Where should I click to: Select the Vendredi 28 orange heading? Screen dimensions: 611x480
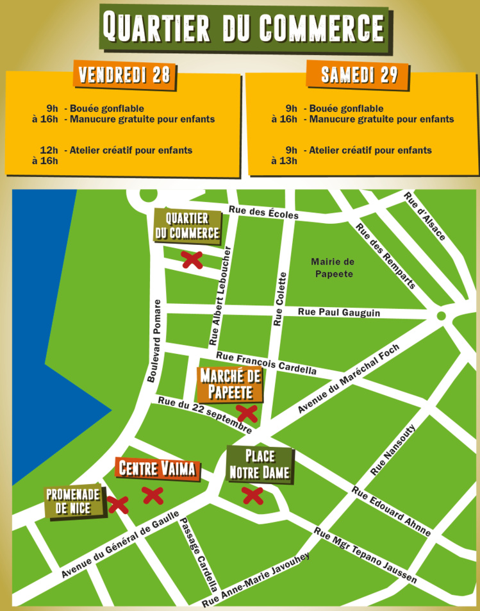pyautogui.click(x=124, y=75)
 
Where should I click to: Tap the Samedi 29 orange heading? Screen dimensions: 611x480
pyautogui.click(x=359, y=75)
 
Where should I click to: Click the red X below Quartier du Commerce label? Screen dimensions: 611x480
pyautogui.click(x=192, y=260)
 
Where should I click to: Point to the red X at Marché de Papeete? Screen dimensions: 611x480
pyautogui.click(x=247, y=412)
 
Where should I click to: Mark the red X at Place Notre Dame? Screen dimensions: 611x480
pyautogui.click(x=252, y=496)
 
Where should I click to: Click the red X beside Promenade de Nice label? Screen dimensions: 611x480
pyautogui.click(x=117, y=505)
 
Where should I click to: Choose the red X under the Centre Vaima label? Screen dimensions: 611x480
pyautogui.click(x=152, y=495)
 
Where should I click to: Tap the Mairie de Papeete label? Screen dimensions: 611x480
pyautogui.click(x=333, y=267)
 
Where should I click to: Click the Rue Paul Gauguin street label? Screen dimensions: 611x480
pyautogui.click(x=339, y=312)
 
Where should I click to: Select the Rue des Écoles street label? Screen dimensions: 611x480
pyautogui.click(x=263, y=210)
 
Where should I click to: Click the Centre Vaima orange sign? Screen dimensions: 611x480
pyautogui.click(x=157, y=469)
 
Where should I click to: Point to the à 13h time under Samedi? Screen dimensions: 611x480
pyautogui.click(x=284, y=160)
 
